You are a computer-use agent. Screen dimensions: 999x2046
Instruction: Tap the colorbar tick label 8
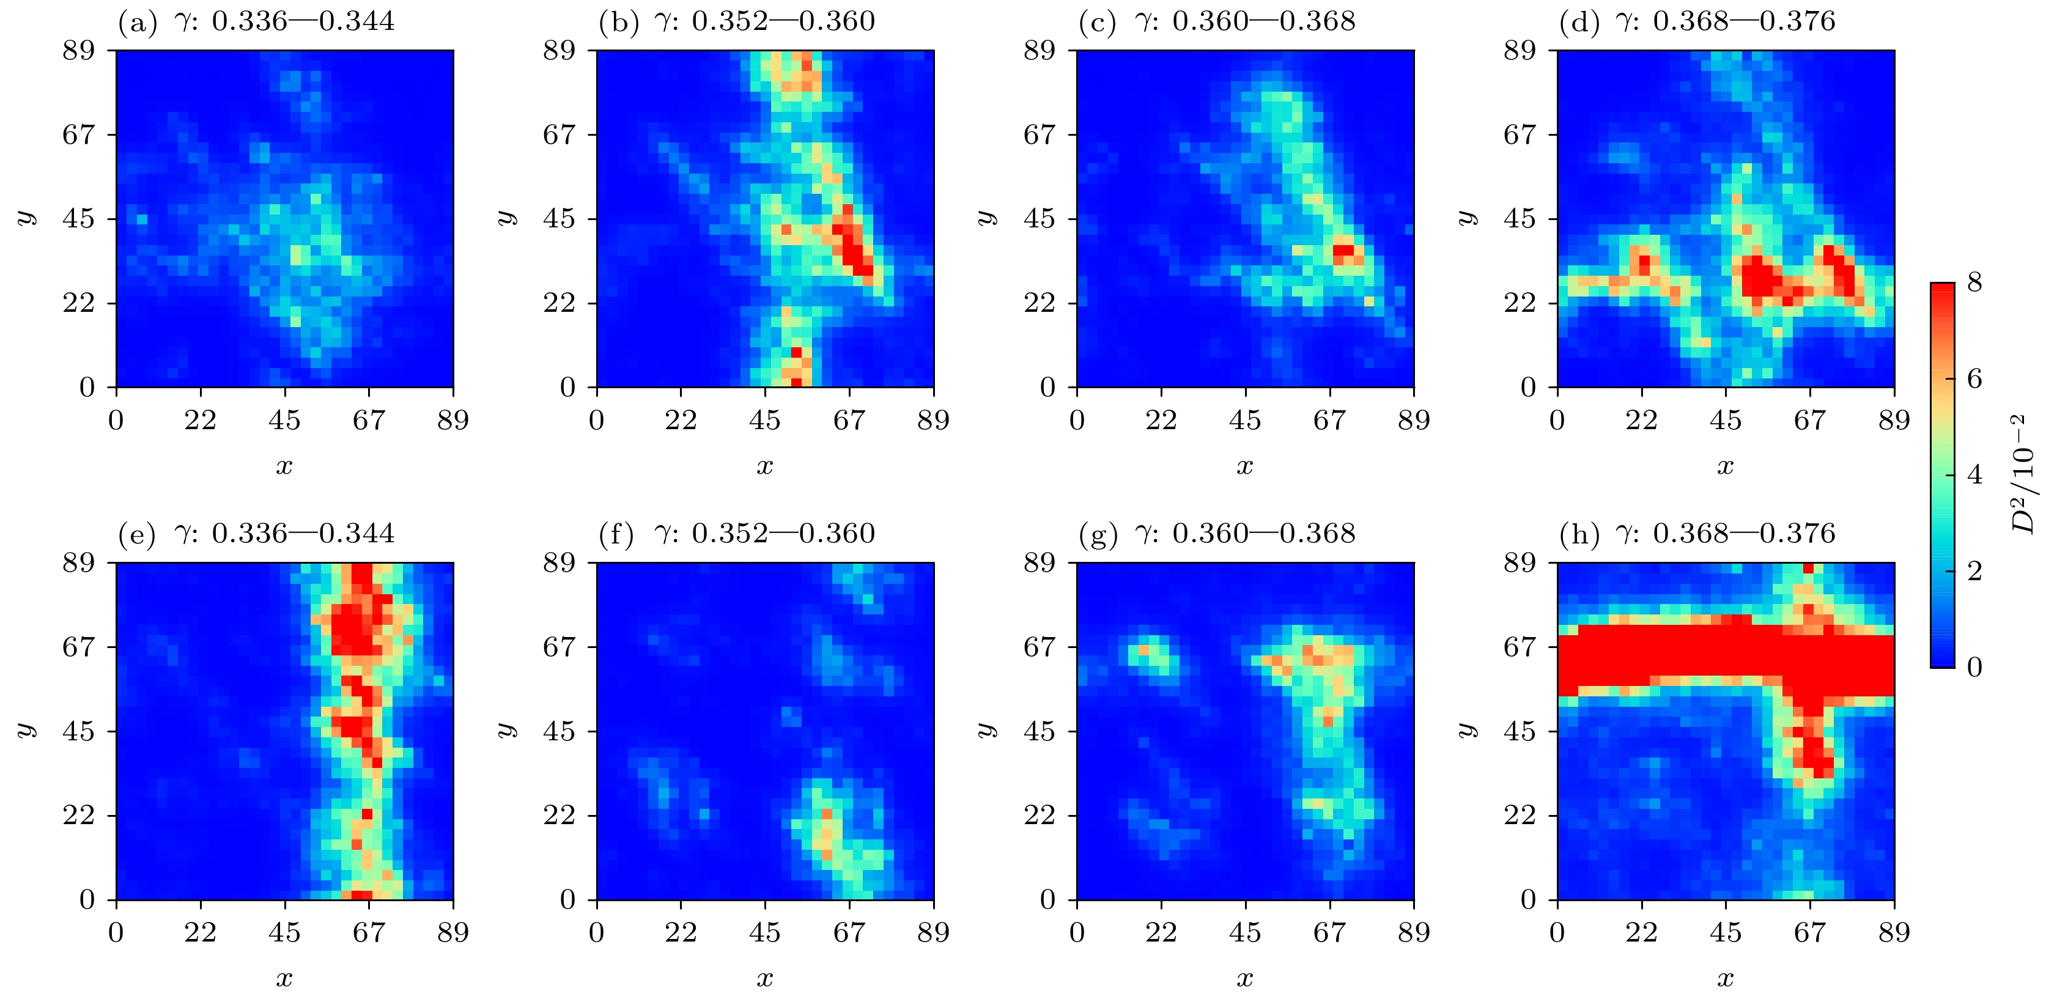[x=1974, y=282]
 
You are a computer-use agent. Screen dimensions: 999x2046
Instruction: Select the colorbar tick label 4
[x=1974, y=474]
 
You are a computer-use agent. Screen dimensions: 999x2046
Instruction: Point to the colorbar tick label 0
[x=1974, y=667]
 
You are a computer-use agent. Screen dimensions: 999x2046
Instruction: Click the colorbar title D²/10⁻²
[x=2024, y=474]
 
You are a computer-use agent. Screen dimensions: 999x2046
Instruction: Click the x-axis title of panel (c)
[x=1244, y=466]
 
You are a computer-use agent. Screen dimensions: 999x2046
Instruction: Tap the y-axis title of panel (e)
[x=27, y=731]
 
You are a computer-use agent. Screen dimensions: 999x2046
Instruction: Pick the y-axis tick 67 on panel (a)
[x=79, y=135]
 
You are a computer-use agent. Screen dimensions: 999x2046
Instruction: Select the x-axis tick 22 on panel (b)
[x=681, y=420]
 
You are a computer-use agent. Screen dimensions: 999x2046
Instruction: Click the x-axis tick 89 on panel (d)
[x=1894, y=420]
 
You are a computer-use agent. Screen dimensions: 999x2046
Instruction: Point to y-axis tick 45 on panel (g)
[x=1040, y=731]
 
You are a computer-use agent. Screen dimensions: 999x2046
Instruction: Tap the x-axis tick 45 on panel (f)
[x=765, y=932]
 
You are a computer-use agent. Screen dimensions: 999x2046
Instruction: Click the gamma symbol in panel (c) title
[x=1145, y=21]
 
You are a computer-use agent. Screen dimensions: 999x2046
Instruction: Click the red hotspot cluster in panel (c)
[x=1344, y=253]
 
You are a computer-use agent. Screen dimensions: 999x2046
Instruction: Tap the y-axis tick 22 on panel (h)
[x=1520, y=815]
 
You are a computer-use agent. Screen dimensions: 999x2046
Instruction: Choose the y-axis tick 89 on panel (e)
[x=79, y=563]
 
